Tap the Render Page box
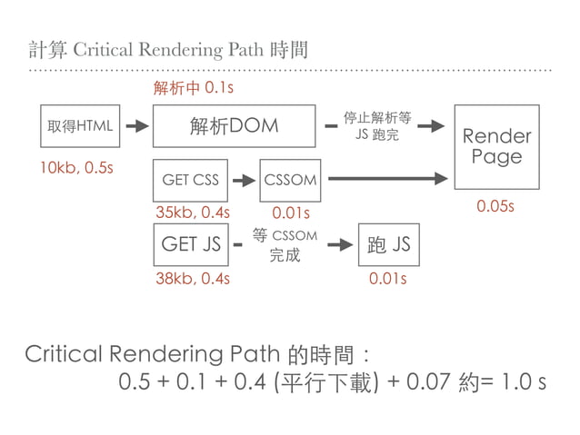tap(496, 147)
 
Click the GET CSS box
tap(190, 180)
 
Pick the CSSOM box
tap(291, 180)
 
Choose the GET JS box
tap(190, 244)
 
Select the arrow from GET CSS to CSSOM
tap(244, 180)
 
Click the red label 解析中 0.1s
tap(194, 88)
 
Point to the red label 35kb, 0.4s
tap(193, 213)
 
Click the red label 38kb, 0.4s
tap(193, 278)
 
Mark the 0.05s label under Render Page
tap(495, 207)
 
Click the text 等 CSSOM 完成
tap(285, 245)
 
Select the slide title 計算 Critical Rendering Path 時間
tap(168, 48)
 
